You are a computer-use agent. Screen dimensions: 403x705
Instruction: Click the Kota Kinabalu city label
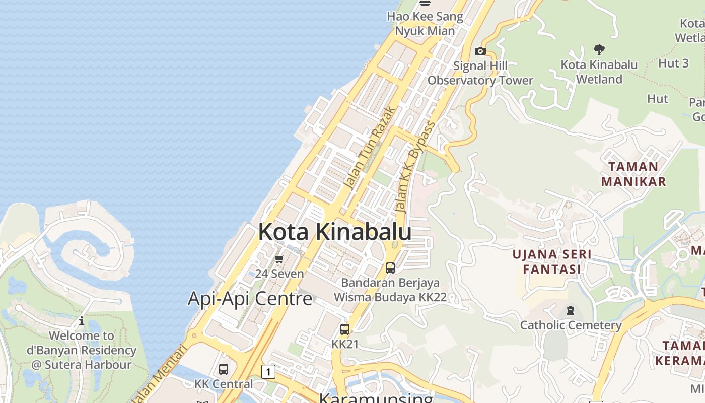[335, 232]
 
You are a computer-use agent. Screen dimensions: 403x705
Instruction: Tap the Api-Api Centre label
[250, 298]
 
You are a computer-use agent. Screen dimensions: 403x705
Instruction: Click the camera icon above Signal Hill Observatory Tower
[480, 51]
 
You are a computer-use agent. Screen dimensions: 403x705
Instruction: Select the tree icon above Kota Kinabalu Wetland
[599, 49]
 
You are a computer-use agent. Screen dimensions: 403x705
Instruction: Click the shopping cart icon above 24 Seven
[279, 259]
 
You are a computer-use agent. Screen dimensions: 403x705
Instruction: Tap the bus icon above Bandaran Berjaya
[390, 267]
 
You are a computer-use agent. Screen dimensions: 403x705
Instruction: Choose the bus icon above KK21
[345, 329]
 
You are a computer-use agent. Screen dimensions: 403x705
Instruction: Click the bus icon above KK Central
[224, 369]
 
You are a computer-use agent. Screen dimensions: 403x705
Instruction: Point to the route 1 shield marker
[268, 372]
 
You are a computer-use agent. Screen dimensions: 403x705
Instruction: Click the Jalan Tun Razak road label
[370, 148]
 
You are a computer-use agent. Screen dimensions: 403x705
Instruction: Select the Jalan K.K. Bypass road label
[415, 166]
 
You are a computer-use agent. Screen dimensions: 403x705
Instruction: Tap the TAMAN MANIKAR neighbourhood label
[633, 174]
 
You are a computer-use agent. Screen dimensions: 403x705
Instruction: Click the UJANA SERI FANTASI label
[552, 261]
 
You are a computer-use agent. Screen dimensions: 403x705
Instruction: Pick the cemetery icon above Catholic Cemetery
[571, 310]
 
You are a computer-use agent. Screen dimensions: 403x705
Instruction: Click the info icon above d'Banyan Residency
[82, 321]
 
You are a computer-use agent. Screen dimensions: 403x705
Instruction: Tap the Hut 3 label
[673, 63]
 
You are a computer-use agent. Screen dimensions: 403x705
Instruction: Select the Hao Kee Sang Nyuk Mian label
[425, 23]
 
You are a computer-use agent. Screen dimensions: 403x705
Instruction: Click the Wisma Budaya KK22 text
[390, 297]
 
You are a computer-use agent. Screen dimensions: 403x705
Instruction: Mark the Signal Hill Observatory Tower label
[480, 73]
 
